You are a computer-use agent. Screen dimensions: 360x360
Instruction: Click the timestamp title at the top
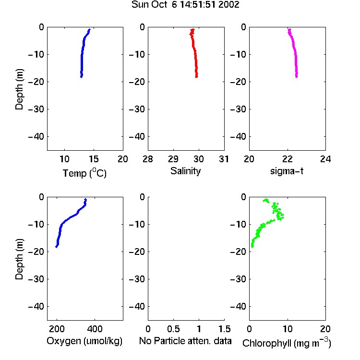(185, 4)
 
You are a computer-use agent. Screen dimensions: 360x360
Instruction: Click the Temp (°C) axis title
(84, 173)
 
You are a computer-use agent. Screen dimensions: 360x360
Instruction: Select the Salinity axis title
(185, 171)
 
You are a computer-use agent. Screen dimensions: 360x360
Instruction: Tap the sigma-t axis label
(287, 171)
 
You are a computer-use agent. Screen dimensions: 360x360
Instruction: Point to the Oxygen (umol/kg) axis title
(84, 341)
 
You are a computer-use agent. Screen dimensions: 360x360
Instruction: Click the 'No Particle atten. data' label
(185, 341)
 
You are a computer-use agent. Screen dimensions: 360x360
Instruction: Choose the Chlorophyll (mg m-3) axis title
(287, 343)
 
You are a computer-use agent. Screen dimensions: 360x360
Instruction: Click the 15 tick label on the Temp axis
(94, 159)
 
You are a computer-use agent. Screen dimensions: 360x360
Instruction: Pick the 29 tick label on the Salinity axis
(173, 159)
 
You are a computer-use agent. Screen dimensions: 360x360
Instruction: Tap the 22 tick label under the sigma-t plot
(288, 159)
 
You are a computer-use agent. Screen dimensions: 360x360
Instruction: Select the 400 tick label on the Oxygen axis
(95, 329)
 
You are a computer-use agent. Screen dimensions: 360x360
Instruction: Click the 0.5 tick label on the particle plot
(173, 329)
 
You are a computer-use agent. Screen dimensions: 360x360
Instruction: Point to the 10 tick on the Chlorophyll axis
(288, 329)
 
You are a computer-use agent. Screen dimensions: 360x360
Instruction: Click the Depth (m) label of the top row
(19, 89)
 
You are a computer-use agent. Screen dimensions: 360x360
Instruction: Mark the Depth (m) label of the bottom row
(19, 259)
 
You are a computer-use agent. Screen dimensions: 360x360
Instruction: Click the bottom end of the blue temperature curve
(81, 77)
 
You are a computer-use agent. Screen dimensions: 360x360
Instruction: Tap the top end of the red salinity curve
(193, 29)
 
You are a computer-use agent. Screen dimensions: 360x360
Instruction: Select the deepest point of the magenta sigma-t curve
(297, 77)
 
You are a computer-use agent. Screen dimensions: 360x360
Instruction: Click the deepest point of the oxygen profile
(56, 247)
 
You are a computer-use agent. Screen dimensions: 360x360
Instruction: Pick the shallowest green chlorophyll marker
(265, 200)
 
